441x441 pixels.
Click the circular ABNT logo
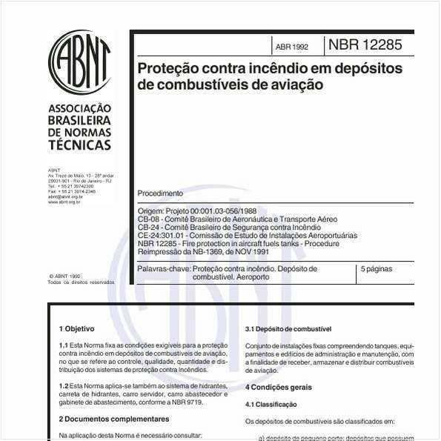(79, 63)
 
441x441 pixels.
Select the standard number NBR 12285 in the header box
(365, 45)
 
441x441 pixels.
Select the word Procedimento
(160, 193)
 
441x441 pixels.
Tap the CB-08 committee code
(149, 220)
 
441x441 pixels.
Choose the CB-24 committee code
(149, 228)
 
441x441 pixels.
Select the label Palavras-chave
(163, 268)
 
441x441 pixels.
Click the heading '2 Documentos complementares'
(107, 419)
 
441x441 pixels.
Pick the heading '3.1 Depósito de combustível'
(288, 328)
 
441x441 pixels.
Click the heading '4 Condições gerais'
(279, 387)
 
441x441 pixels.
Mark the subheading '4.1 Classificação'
(271, 404)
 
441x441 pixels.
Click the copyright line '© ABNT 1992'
(65, 276)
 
